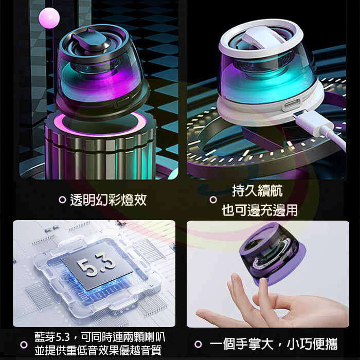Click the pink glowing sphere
tap(49, 17)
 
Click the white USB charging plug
tap(315, 122)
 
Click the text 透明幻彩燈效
tap(109, 200)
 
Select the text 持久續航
tap(257, 191)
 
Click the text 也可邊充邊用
tap(260, 210)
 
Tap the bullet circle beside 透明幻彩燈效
tap(62, 200)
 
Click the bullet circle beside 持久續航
tap(213, 200)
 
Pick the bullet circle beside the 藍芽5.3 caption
tap(24, 344)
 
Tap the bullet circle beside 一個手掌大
tap(198, 344)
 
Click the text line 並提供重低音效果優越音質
tap(98, 350)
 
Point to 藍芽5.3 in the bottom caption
tap(51, 337)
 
